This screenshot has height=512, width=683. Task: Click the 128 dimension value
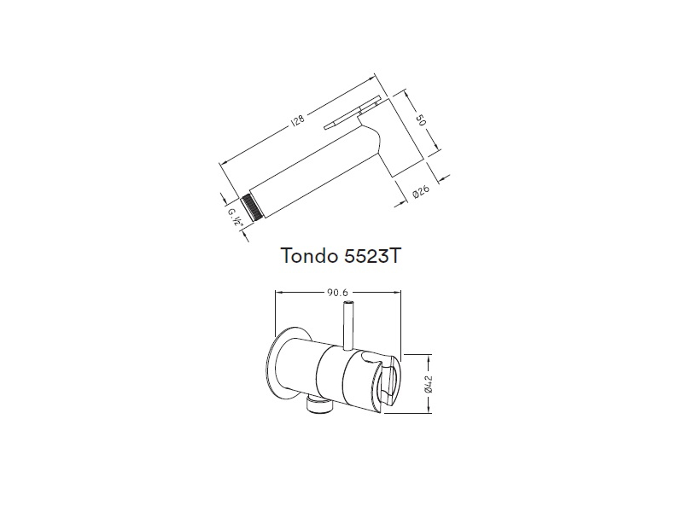pos(298,120)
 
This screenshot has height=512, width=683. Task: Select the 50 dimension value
pos(420,119)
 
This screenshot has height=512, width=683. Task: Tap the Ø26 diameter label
pos(421,192)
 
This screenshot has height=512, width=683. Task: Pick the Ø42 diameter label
pos(429,383)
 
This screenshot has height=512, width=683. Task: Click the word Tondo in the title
pos(310,255)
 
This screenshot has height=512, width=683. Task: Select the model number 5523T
pos(371,255)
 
